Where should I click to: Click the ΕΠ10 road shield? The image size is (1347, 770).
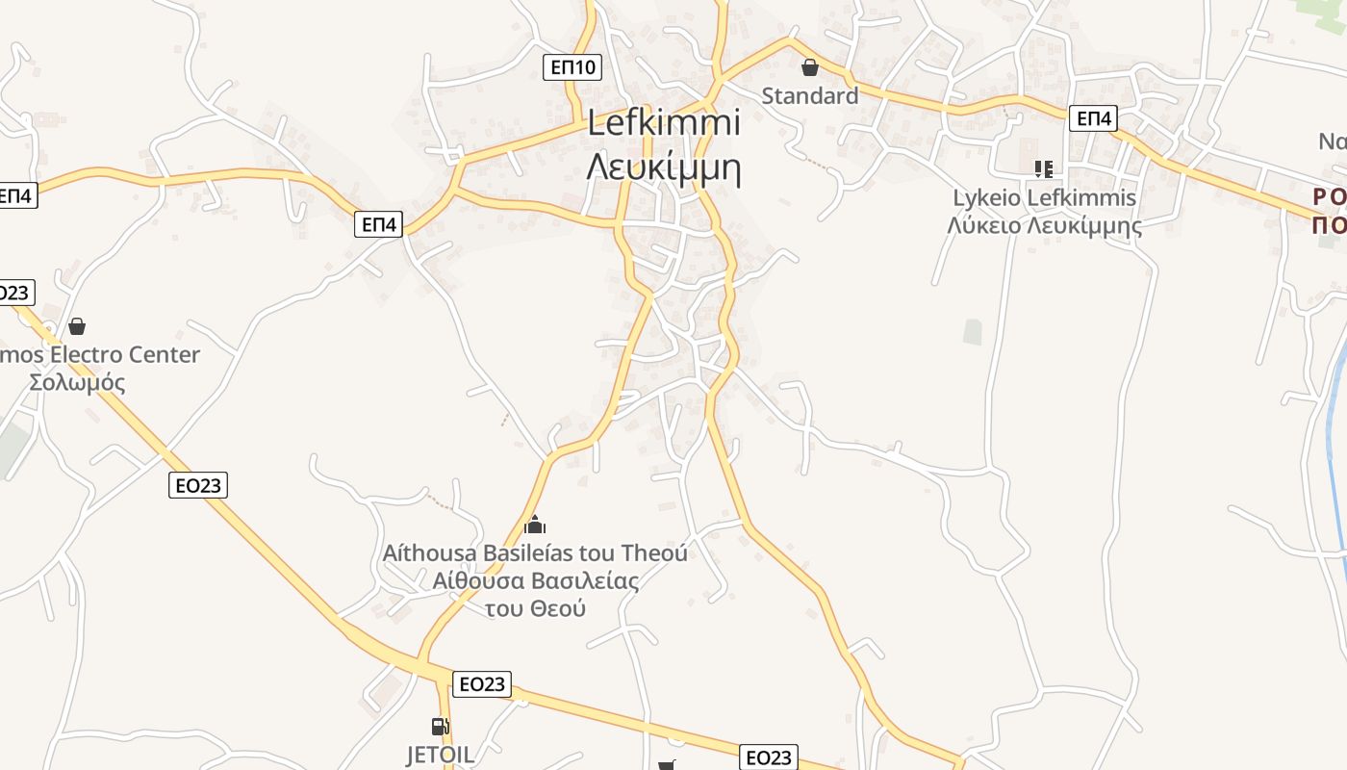tap(572, 67)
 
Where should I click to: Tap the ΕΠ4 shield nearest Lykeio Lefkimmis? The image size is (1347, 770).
tap(1094, 118)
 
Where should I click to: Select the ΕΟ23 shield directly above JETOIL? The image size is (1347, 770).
tap(481, 684)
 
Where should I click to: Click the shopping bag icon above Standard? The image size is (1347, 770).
tap(810, 67)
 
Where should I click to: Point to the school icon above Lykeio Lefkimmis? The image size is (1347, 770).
tap(1043, 169)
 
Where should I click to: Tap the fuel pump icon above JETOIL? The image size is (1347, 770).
tap(440, 727)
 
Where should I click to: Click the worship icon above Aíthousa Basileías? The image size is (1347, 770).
tap(535, 525)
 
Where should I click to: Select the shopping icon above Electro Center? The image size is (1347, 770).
tap(77, 326)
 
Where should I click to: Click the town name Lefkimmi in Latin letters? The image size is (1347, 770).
tap(664, 123)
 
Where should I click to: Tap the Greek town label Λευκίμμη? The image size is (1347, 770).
tap(664, 167)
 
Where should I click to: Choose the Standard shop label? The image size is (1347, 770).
tap(810, 96)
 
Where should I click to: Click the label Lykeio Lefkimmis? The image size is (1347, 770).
tap(1044, 198)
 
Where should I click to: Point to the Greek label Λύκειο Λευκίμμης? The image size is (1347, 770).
tap(1044, 226)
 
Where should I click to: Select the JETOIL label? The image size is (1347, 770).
tap(440, 755)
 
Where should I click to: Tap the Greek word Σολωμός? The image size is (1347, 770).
tap(77, 382)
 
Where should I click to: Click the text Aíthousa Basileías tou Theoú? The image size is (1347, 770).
tap(535, 553)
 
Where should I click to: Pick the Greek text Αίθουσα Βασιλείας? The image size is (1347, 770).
tap(535, 580)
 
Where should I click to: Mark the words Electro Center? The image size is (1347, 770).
tap(125, 354)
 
